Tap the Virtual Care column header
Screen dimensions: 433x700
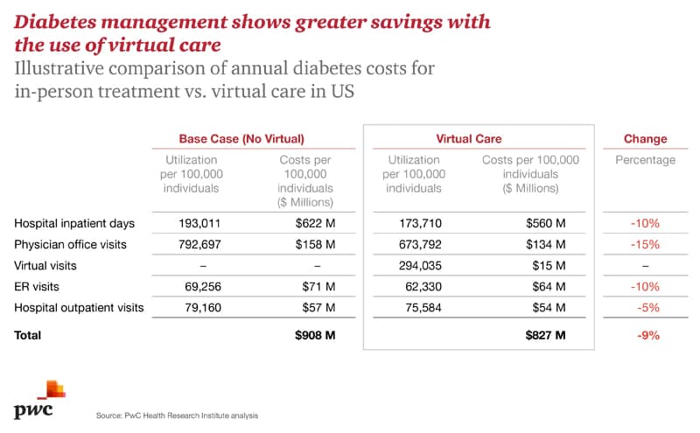coord(469,139)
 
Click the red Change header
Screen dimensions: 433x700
coord(645,139)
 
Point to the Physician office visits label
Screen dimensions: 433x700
coord(69,244)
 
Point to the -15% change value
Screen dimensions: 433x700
coord(645,244)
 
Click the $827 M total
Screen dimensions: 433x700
coord(544,335)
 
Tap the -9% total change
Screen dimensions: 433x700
coord(647,335)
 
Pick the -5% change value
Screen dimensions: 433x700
coord(647,306)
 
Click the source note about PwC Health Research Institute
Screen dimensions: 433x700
coord(177,415)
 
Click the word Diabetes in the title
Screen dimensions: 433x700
coord(54,21)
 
